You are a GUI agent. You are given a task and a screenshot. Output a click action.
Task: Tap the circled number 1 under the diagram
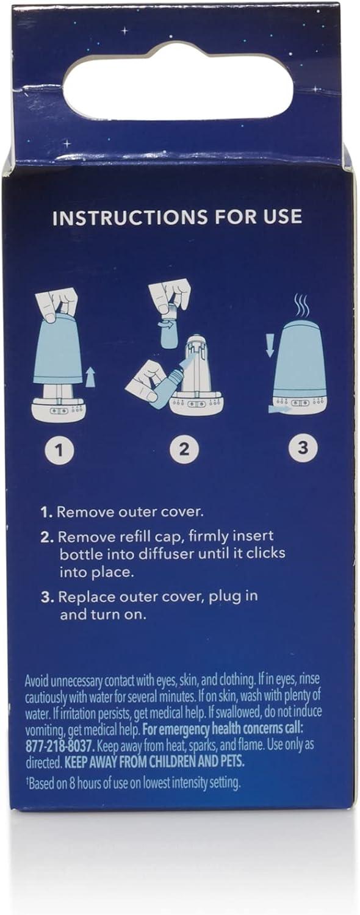(60, 450)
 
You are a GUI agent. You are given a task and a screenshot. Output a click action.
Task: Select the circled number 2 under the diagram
(184, 450)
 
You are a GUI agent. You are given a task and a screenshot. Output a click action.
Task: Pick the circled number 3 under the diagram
(303, 448)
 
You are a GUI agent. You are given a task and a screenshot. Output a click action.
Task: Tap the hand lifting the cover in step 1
(57, 304)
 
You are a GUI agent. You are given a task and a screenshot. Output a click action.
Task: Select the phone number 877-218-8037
(60, 746)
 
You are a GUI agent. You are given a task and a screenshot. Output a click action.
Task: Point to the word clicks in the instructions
(265, 554)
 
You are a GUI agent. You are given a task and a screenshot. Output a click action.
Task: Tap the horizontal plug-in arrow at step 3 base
(279, 407)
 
